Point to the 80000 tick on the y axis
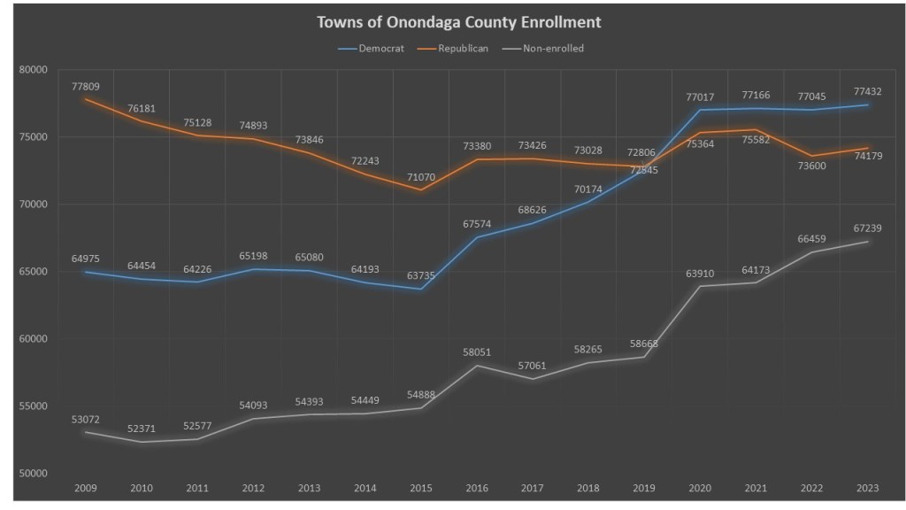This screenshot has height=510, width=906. coord(33,69)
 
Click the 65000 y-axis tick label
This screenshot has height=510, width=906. coord(33,271)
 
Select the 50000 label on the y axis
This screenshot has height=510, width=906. coord(33,473)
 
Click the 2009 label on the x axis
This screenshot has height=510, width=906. coord(86,487)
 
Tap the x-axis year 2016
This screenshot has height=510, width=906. coord(478,487)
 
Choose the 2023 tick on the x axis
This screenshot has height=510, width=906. coord(869,487)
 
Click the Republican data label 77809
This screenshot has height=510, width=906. coord(86,87)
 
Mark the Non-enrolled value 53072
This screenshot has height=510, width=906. coord(86,419)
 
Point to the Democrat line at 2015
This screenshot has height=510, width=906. coord(421,289)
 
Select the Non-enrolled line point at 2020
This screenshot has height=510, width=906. coord(702,286)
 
